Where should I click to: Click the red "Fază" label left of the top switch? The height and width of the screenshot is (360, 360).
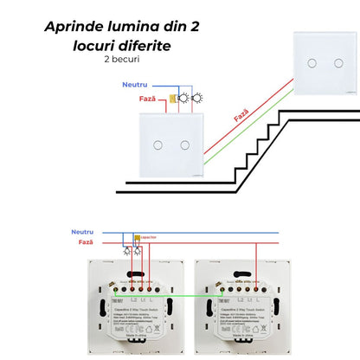coord(148,100)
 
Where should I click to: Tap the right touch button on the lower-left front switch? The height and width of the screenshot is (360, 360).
coord(184,142)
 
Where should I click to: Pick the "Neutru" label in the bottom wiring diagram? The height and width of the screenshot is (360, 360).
coord(82,233)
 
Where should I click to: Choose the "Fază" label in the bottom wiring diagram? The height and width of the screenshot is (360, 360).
coord(85,244)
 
